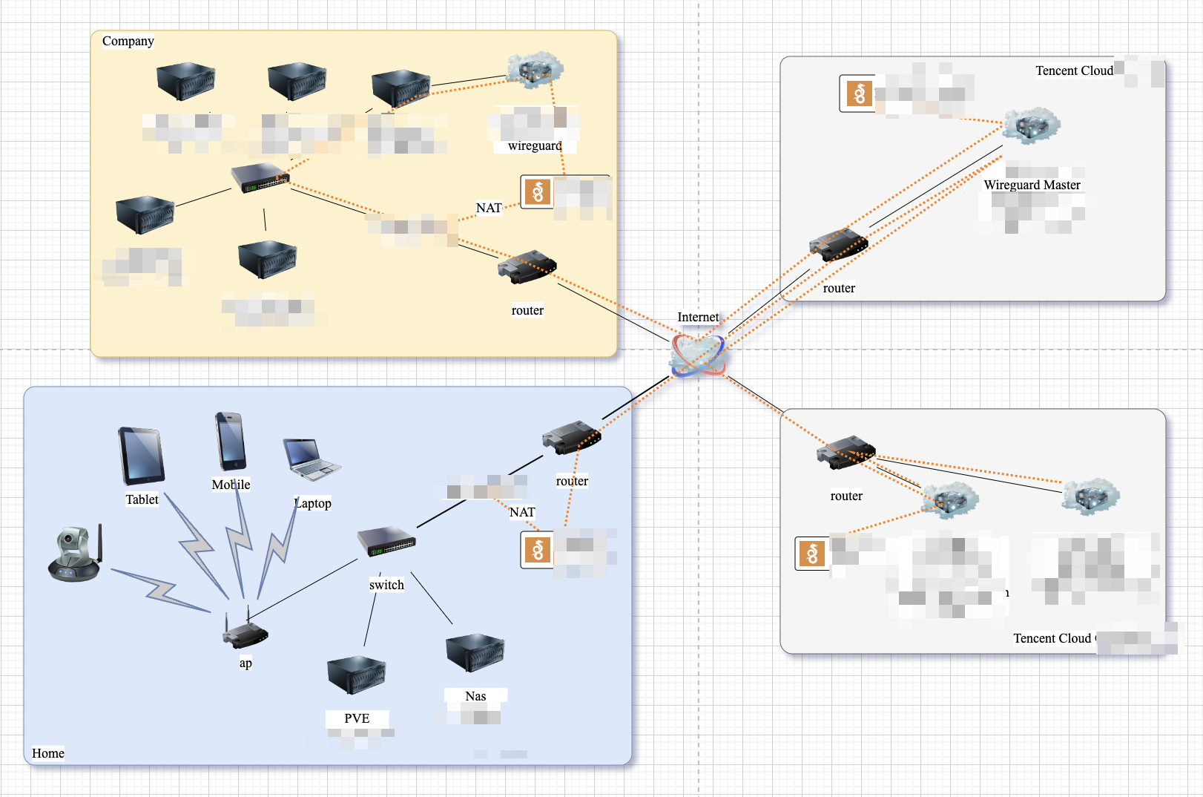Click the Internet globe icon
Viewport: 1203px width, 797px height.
697,355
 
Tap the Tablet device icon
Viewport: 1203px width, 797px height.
142,456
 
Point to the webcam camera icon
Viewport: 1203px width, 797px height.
75,554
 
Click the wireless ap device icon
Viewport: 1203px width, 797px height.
245,633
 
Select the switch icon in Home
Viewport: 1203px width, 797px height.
386,541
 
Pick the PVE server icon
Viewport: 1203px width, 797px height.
357,675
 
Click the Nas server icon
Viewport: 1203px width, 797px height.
475,652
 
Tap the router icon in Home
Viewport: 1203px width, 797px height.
571,438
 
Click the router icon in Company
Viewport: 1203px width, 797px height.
527,267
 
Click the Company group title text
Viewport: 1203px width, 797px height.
128,41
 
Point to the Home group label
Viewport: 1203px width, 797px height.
48,753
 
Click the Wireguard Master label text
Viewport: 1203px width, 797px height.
1032,185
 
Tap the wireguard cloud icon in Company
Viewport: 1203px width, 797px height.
535,70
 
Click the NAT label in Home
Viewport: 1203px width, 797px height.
522,512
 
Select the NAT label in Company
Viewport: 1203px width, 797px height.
489,208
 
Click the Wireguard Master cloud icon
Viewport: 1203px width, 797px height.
1032,125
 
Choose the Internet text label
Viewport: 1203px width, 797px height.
698,317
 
